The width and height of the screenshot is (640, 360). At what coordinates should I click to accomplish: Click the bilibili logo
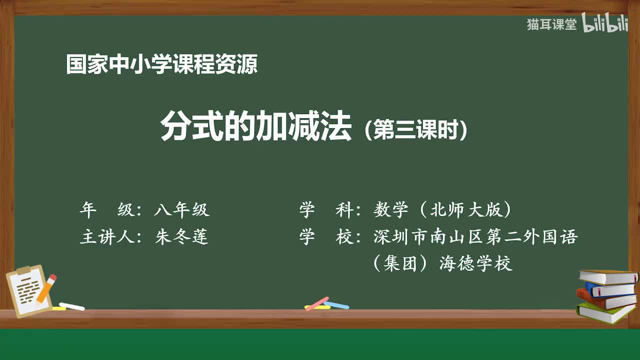(605, 24)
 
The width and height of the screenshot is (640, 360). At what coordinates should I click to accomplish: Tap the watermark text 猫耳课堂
(551, 24)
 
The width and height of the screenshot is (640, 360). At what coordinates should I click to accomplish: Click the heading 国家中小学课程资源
(161, 64)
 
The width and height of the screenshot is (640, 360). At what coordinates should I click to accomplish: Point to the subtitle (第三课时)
(416, 130)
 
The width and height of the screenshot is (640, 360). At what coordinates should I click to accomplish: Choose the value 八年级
(181, 210)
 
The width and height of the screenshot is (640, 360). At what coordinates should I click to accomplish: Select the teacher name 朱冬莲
(181, 237)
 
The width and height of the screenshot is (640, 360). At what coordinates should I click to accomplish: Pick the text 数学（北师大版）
(442, 210)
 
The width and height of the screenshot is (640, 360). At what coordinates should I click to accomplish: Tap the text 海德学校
(475, 263)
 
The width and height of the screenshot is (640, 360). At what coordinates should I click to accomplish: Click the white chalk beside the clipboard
(71, 306)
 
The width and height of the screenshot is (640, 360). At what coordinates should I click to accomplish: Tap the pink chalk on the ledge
(317, 303)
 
